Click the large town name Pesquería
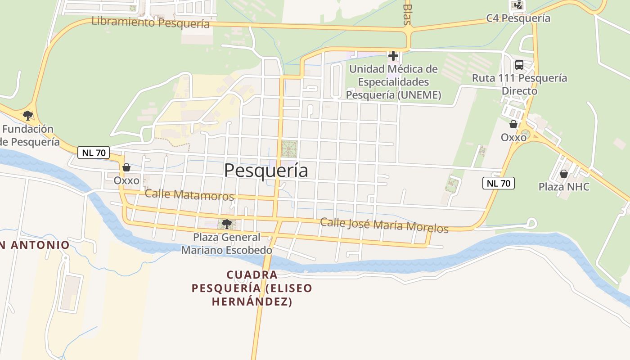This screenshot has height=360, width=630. (x=266, y=171)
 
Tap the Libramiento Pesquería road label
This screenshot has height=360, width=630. (x=151, y=22)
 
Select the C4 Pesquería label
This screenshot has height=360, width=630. (x=518, y=18)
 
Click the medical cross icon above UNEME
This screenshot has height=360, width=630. (x=393, y=56)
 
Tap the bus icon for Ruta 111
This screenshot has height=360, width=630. (x=519, y=65)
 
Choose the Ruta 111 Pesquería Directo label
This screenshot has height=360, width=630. (x=519, y=84)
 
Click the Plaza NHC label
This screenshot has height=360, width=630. (x=564, y=186)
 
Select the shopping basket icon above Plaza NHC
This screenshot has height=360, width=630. (x=563, y=173)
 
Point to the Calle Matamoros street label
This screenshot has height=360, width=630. (x=189, y=195)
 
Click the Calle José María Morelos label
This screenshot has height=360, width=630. (x=384, y=225)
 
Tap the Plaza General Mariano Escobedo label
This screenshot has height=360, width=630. (x=227, y=243)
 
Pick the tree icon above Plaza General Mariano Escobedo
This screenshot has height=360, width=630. (x=227, y=224)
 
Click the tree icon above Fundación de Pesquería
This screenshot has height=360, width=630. (x=28, y=115)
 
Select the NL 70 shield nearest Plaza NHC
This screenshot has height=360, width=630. (x=498, y=183)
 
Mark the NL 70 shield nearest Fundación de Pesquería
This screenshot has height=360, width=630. (x=94, y=153)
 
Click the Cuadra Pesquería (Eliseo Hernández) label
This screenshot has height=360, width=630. (x=252, y=288)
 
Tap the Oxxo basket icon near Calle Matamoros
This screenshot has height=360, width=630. (x=126, y=167)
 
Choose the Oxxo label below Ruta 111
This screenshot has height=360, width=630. (x=513, y=137)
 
